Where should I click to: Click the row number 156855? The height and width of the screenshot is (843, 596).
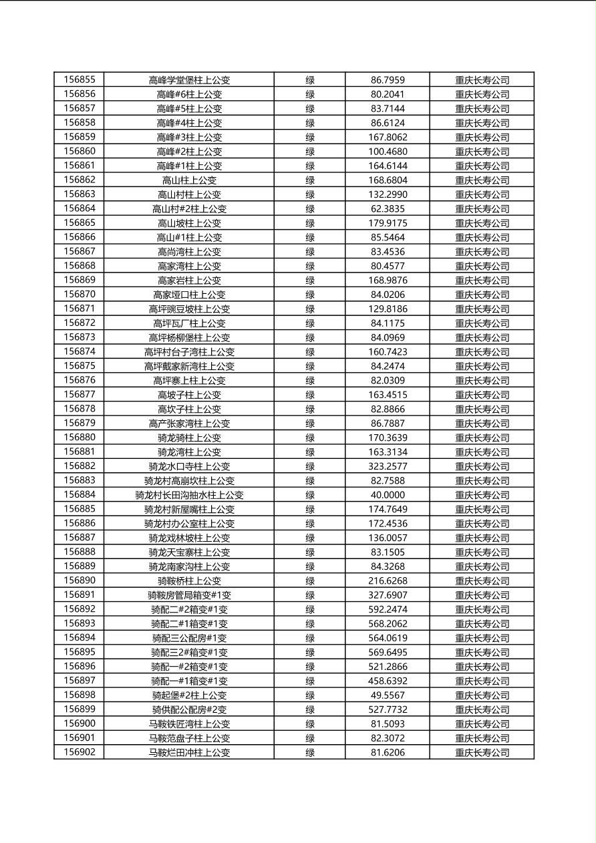coord(80,79)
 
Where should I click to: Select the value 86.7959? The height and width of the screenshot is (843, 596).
coord(388,80)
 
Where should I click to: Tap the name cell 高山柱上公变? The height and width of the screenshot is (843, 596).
coord(189,180)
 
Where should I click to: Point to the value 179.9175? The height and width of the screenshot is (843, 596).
coord(388,223)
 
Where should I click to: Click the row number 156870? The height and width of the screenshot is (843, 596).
coord(80,294)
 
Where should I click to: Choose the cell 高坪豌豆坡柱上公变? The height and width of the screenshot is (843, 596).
coord(189,309)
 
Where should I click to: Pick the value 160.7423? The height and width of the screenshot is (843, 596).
coord(388,351)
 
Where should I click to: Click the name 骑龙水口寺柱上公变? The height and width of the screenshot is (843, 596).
coord(189,466)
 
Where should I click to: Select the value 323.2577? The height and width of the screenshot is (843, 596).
coord(388,466)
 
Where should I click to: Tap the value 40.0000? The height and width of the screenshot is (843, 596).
coord(388,495)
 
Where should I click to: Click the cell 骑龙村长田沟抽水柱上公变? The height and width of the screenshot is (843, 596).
coord(189,495)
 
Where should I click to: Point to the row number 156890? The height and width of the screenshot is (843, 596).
coord(80,580)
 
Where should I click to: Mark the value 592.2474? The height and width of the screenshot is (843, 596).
coord(388,609)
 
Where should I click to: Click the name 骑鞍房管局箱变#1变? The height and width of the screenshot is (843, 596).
coord(189,595)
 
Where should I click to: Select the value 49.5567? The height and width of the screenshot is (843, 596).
coord(388,695)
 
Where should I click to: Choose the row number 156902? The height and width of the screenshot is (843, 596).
coord(80,752)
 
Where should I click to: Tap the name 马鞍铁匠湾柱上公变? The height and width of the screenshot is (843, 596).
coord(189,724)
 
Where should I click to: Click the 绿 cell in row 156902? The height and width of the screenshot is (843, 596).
coord(310,752)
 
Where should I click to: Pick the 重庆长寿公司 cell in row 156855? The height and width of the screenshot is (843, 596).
coord(482,80)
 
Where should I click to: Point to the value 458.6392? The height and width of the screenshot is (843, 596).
coord(388,681)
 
